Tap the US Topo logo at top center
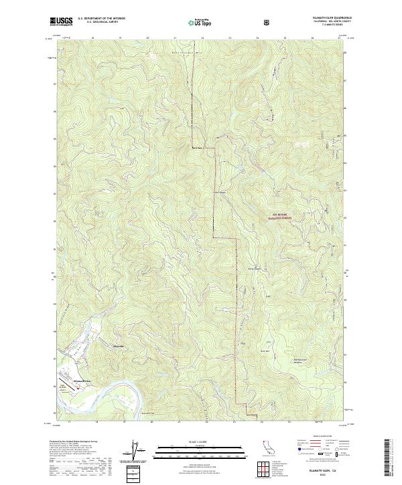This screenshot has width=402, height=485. tap(201, 22)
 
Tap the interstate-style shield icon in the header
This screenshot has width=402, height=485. tap(268, 22)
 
